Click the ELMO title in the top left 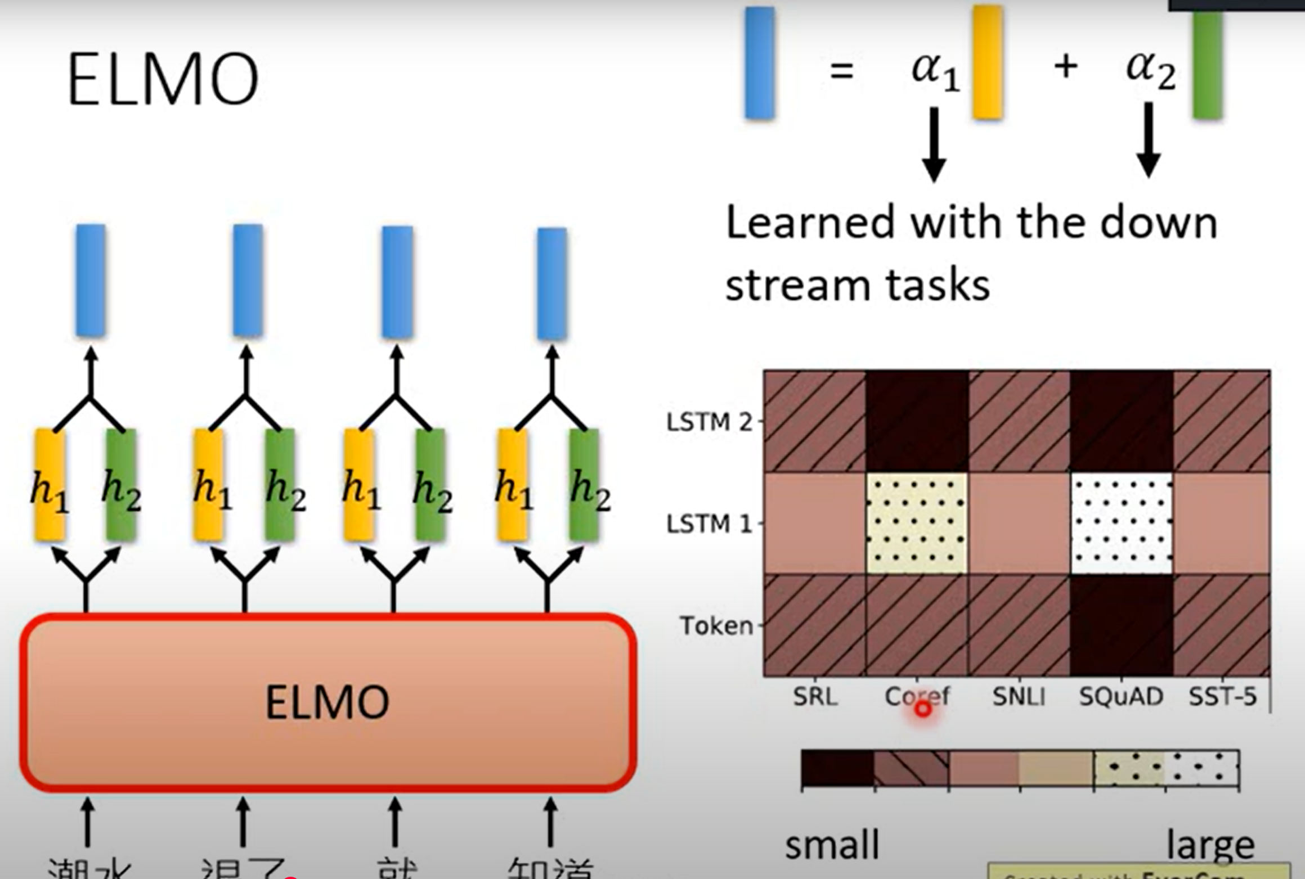(163, 79)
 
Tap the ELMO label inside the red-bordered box (327, 702)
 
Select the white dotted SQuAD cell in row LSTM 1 (1122, 524)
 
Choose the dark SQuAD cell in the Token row (1122, 625)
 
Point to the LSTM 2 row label (709, 422)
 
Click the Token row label (716, 625)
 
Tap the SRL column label (815, 697)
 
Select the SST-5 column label (1222, 697)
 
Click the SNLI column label (1019, 697)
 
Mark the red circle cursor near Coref (923, 709)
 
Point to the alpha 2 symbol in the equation (1150, 70)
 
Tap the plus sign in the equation (1066, 67)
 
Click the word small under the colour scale (832, 845)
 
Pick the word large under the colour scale (1210, 845)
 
